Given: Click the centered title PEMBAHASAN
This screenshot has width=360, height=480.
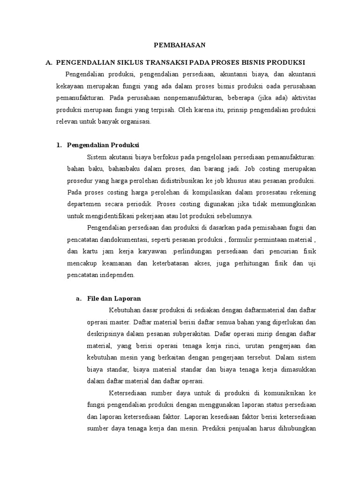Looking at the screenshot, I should click(180, 45).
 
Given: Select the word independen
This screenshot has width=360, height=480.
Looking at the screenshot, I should click(116, 275).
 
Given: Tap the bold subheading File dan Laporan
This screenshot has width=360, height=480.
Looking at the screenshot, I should click(114, 299).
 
